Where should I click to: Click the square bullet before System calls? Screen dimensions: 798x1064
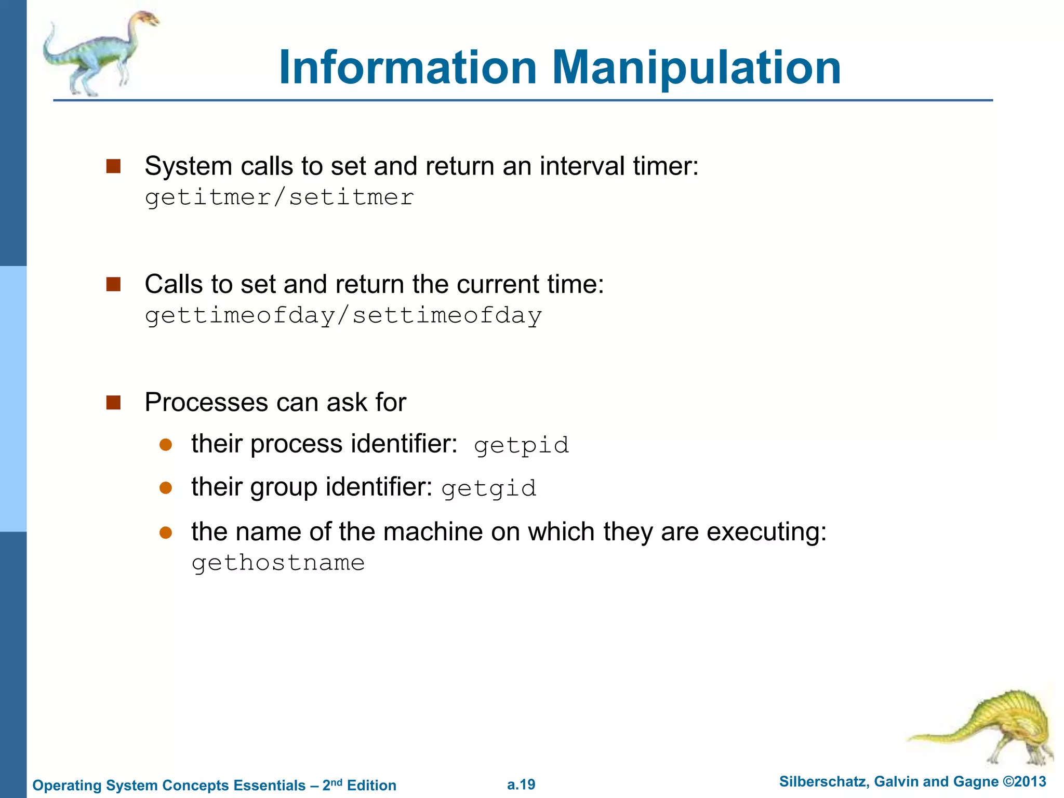coord(113,166)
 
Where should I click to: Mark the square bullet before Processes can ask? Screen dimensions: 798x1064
coord(113,403)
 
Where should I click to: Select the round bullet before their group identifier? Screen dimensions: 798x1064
coord(166,488)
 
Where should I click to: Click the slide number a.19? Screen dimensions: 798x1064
coord(521,784)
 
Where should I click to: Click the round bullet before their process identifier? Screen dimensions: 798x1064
coord(166,445)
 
